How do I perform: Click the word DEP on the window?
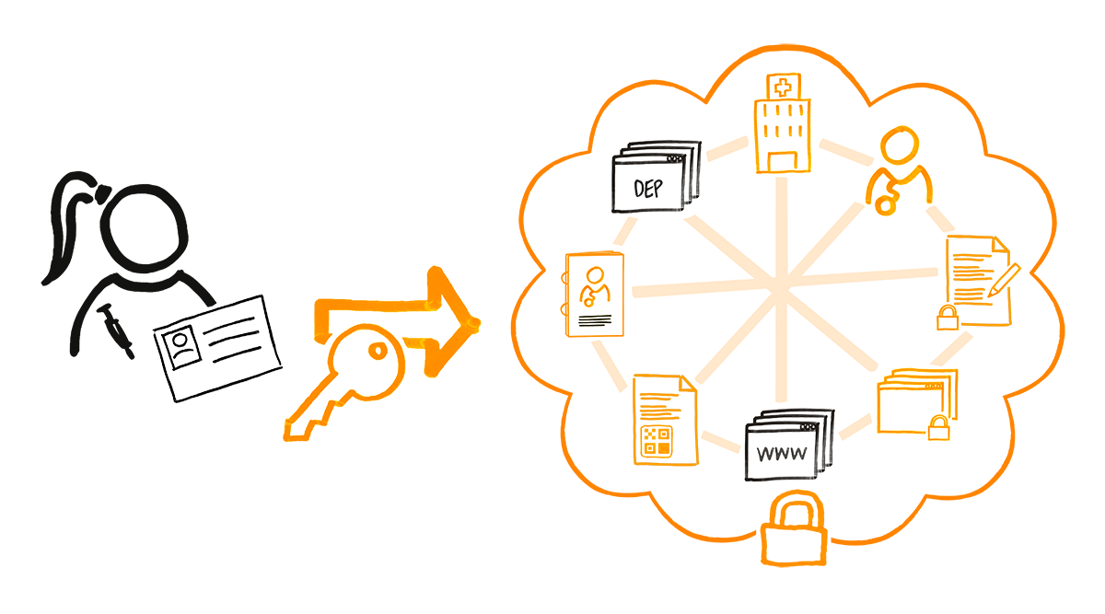coord(648,189)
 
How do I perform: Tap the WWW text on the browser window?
coord(782,453)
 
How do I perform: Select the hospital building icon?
coord(783,123)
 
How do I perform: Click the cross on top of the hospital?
coord(783,88)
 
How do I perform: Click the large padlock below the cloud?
coord(794,528)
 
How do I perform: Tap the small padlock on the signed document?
coord(948,317)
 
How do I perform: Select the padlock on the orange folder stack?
coord(938,427)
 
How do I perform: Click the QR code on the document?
coord(656,441)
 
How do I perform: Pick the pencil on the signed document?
coord(1004,280)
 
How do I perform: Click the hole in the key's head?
coord(378,351)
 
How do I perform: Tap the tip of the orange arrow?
coord(478,323)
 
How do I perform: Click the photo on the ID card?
coord(181,348)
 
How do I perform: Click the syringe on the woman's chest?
coord(115,330)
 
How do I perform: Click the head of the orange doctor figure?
coord(900,145)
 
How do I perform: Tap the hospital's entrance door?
coord(783,162)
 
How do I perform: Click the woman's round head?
coord(144,228)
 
